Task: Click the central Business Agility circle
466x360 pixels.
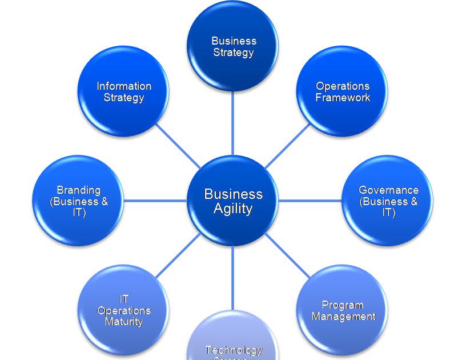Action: [x=233, y=201]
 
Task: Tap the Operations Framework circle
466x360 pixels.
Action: [x=343, y=91]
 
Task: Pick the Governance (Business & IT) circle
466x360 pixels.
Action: [x=388, y=201]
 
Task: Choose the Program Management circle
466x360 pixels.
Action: [x=343, y=310]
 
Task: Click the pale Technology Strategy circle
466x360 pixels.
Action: [x=233, y=343]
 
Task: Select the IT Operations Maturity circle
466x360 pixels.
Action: [x=123, y=310]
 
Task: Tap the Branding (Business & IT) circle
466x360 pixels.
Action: [x=78, y=201]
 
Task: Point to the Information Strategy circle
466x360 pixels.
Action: [x=123, y=91]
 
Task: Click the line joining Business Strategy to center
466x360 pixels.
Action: [x=233, y=123]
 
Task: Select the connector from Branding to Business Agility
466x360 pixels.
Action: [x=155, y=201]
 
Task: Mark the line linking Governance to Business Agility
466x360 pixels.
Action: [x=310, y=201]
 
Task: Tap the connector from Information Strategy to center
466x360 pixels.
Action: [x=178, y=146]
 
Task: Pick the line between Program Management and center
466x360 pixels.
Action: [x=288, y=256]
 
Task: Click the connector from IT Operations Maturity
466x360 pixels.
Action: [x=178, y=256]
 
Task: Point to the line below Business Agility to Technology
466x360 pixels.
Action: [x=233, y=278]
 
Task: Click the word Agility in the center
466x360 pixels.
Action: [x=233, y=209]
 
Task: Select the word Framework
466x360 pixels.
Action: [x=343, y=98]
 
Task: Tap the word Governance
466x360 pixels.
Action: [x=388, y=190]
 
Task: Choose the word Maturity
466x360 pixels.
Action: [x=124, y=322]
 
